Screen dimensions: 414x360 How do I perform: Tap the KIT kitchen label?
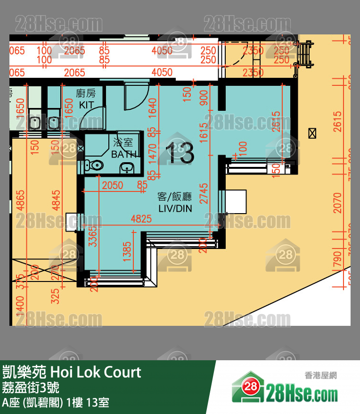pos(86,105)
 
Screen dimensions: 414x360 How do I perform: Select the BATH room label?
pos(124,154)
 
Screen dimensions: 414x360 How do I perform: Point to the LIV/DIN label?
pos(175,208)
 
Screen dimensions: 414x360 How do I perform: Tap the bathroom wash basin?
pos(126,167)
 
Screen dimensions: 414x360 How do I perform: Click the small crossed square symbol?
pos(311,133)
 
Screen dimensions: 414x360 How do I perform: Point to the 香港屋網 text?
pos(320,376)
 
